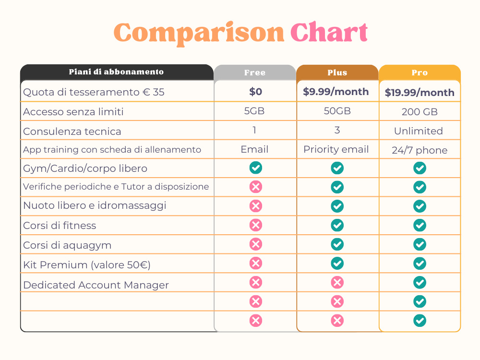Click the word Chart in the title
329,32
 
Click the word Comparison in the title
199,34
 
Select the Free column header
255,72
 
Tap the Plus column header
337,72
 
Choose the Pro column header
420,72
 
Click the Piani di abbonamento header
116,72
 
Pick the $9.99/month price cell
336,92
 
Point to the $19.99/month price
420,93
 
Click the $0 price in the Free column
256,92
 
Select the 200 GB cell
420,112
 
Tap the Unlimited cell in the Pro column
419,131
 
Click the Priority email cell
336,149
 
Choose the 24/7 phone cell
420,150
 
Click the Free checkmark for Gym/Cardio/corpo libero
256,168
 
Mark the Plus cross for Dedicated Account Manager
337,282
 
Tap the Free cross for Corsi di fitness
256,225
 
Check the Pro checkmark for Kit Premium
420,263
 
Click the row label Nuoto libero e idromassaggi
95,205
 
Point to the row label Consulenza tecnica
72,132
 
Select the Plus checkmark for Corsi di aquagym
337,244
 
